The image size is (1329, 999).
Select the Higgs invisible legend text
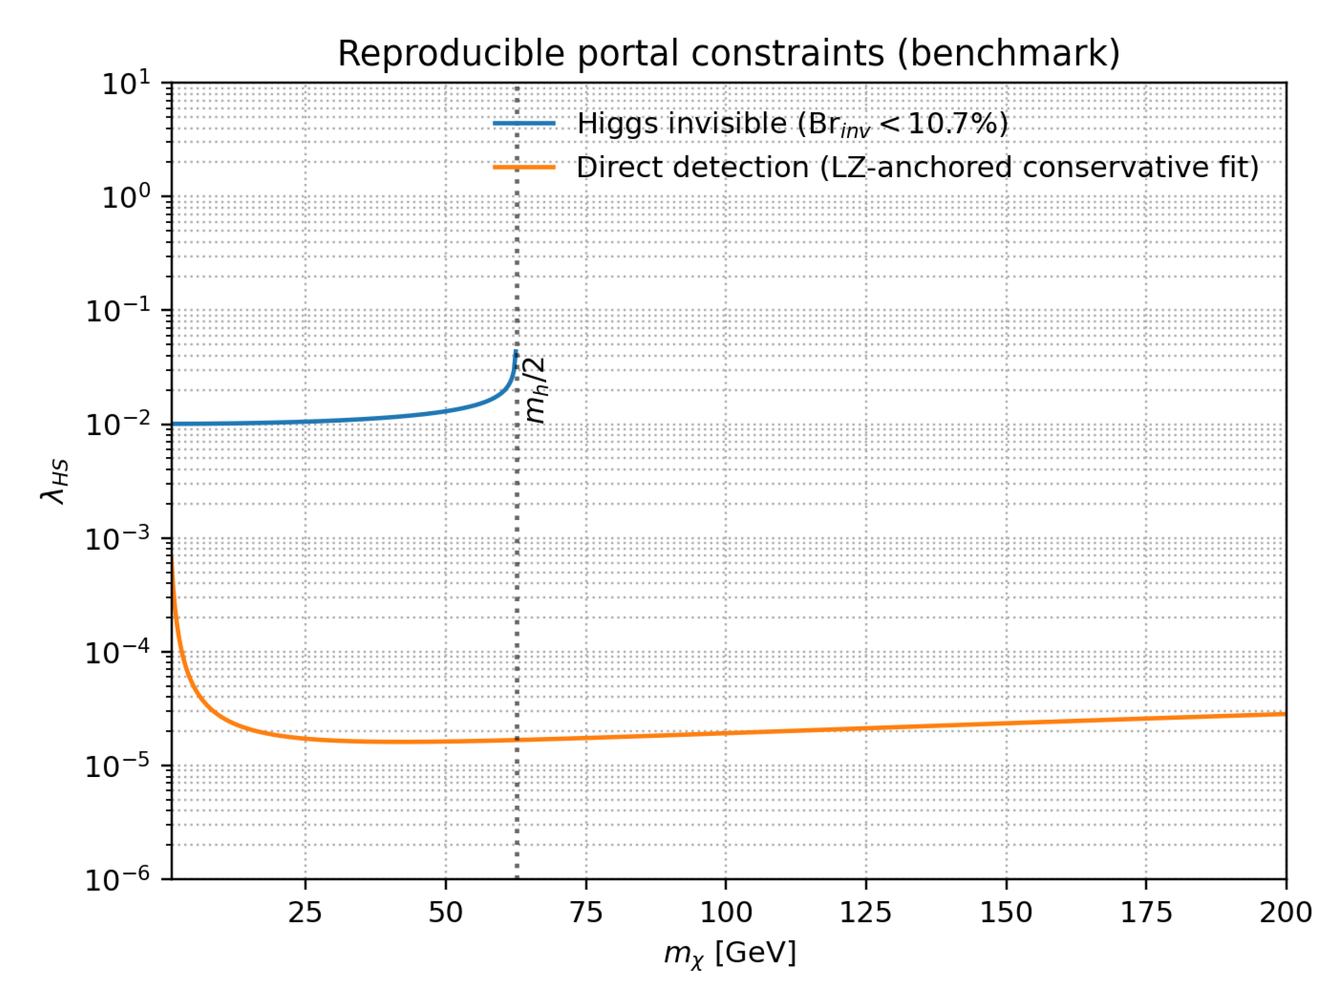(x=792, y=124)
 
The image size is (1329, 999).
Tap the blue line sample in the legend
(x=524, y=124)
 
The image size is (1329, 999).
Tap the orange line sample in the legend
(x=524, y=167)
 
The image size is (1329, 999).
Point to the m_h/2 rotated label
(x=535, y=390)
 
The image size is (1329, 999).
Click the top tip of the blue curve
(x=515, y=351)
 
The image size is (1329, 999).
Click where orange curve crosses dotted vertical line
(x=516, y=739)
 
